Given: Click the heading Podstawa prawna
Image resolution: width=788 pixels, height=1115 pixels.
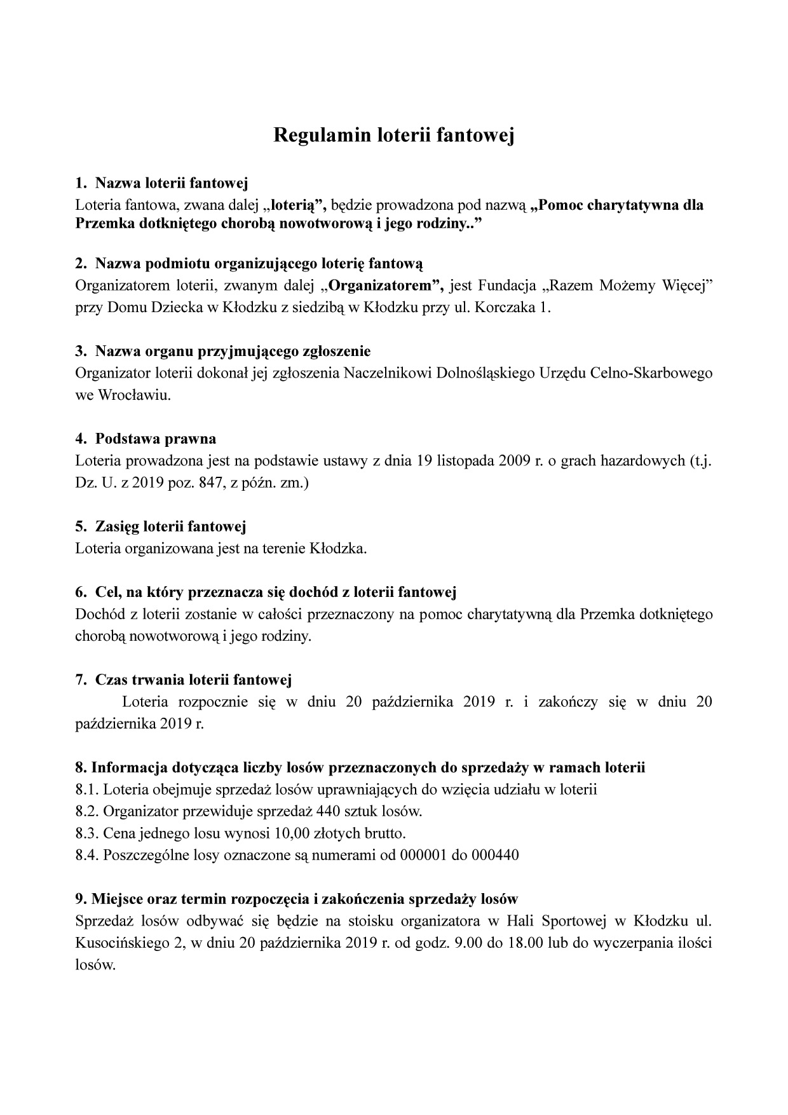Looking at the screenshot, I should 156,439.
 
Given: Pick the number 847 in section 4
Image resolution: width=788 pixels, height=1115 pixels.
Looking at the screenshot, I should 200,483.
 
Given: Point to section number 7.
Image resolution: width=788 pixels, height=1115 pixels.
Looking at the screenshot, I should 81,680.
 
